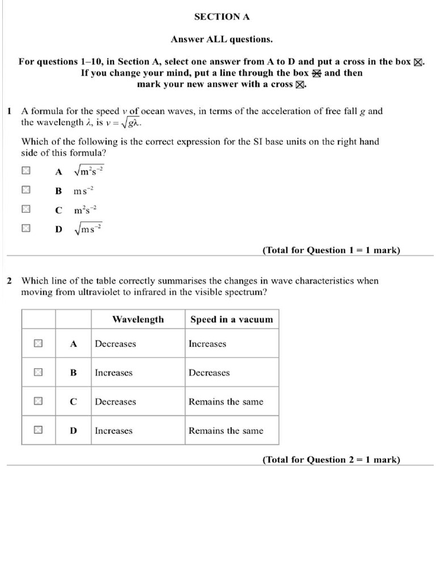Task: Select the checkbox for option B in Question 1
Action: (26, 190)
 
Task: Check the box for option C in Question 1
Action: (26, 209)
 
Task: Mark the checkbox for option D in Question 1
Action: (26, 229)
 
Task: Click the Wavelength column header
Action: (138, 319)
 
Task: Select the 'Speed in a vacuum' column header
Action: (232, 319)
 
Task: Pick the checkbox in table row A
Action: (38, 343)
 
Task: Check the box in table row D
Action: (38, 430)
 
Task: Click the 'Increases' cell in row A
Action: (207, 344)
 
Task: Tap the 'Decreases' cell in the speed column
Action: (209, 373)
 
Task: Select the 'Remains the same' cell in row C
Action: (226, 402)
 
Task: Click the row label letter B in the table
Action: (73, 373)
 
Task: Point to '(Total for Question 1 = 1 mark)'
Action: (331, 250)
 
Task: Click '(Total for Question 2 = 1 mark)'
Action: (331, 460)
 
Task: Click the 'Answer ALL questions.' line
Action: (221, 39)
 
